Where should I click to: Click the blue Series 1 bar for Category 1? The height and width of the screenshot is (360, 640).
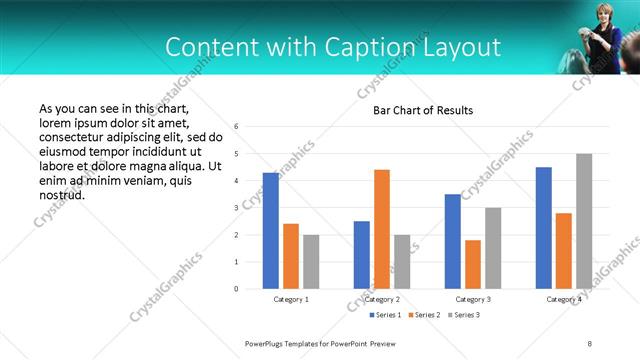pos(271,231)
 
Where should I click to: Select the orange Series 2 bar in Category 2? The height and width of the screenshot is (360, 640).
pos(382,229)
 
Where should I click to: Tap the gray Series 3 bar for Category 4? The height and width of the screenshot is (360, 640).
pos(584,221)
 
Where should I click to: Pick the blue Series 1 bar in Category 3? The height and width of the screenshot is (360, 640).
pos(453,241)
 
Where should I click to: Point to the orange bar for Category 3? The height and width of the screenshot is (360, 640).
pos(473,264)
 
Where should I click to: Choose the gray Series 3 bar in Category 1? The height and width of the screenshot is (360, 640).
pos(311,262)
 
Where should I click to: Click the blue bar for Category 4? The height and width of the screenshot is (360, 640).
pos(544,228)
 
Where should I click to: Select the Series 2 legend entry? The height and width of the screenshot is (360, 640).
pos(424,316)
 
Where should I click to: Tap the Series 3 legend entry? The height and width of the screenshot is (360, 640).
pos(465,316)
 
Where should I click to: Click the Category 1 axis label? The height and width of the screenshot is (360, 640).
pos(291,299)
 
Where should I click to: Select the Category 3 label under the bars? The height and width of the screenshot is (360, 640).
pos(473,299)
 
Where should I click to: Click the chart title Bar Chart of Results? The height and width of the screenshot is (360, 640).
pos(423,110)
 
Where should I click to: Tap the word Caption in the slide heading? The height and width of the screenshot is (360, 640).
pos(363,47)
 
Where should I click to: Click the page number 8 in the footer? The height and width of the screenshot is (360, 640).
pos(590,343)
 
